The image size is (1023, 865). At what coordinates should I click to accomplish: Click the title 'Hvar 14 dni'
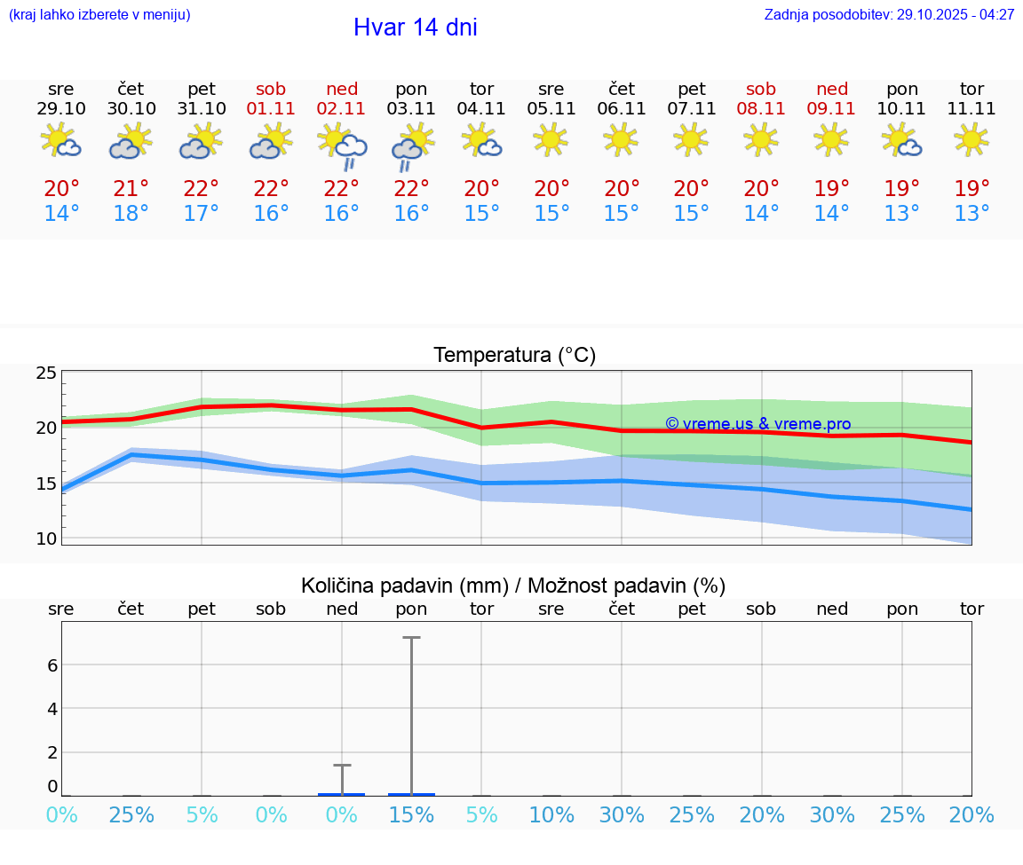415,28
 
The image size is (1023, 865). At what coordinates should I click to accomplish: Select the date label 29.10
61,109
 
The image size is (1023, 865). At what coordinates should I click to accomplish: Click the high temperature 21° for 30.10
131,189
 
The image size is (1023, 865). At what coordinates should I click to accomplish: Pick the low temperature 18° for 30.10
131,214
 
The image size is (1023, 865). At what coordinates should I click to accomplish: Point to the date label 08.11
761,109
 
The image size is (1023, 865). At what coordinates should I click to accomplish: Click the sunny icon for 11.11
971,139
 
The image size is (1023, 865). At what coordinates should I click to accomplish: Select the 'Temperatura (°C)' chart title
514,356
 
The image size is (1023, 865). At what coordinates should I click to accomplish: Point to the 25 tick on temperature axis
46,373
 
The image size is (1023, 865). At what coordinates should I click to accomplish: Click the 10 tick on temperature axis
46,539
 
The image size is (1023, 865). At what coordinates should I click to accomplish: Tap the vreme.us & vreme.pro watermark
757,425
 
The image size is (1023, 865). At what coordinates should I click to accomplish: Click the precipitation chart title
513,586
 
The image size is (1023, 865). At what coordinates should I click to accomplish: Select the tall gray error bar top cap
411,638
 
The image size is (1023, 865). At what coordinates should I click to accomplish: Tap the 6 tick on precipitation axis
52,664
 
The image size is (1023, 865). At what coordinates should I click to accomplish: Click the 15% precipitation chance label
411,815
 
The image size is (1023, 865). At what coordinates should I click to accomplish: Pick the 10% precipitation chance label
551,815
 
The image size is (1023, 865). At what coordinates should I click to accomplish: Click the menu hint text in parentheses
99,15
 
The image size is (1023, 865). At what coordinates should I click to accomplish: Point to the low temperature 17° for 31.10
202,214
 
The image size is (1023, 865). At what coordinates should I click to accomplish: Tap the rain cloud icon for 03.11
411,146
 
